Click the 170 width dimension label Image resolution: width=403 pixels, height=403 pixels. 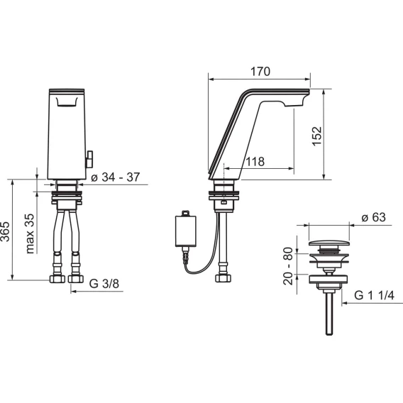click(260, 72)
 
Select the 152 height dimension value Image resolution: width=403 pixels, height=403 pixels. click(317, 136)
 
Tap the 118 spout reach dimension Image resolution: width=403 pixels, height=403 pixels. click(255, 162)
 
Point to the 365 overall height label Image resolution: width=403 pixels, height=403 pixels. click(5, 231)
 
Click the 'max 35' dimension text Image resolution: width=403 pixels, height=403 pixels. click(30, 233)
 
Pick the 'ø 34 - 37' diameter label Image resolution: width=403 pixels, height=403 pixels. click(116, 177)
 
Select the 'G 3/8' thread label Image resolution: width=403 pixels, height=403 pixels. click(104, 284)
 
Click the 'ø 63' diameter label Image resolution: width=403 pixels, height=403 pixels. click(373, 217)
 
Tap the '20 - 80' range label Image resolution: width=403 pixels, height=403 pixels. click(288, 266)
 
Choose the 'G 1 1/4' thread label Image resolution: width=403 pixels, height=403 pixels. click(374, 295)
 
